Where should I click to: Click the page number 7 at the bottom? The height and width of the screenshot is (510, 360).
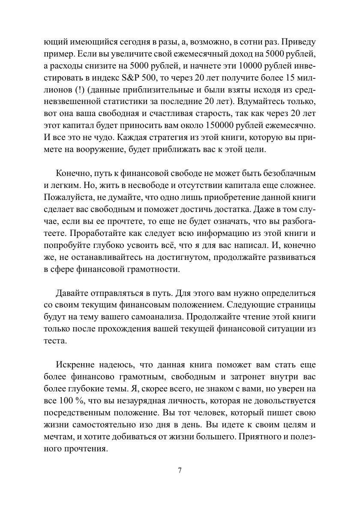coord(180,470)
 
